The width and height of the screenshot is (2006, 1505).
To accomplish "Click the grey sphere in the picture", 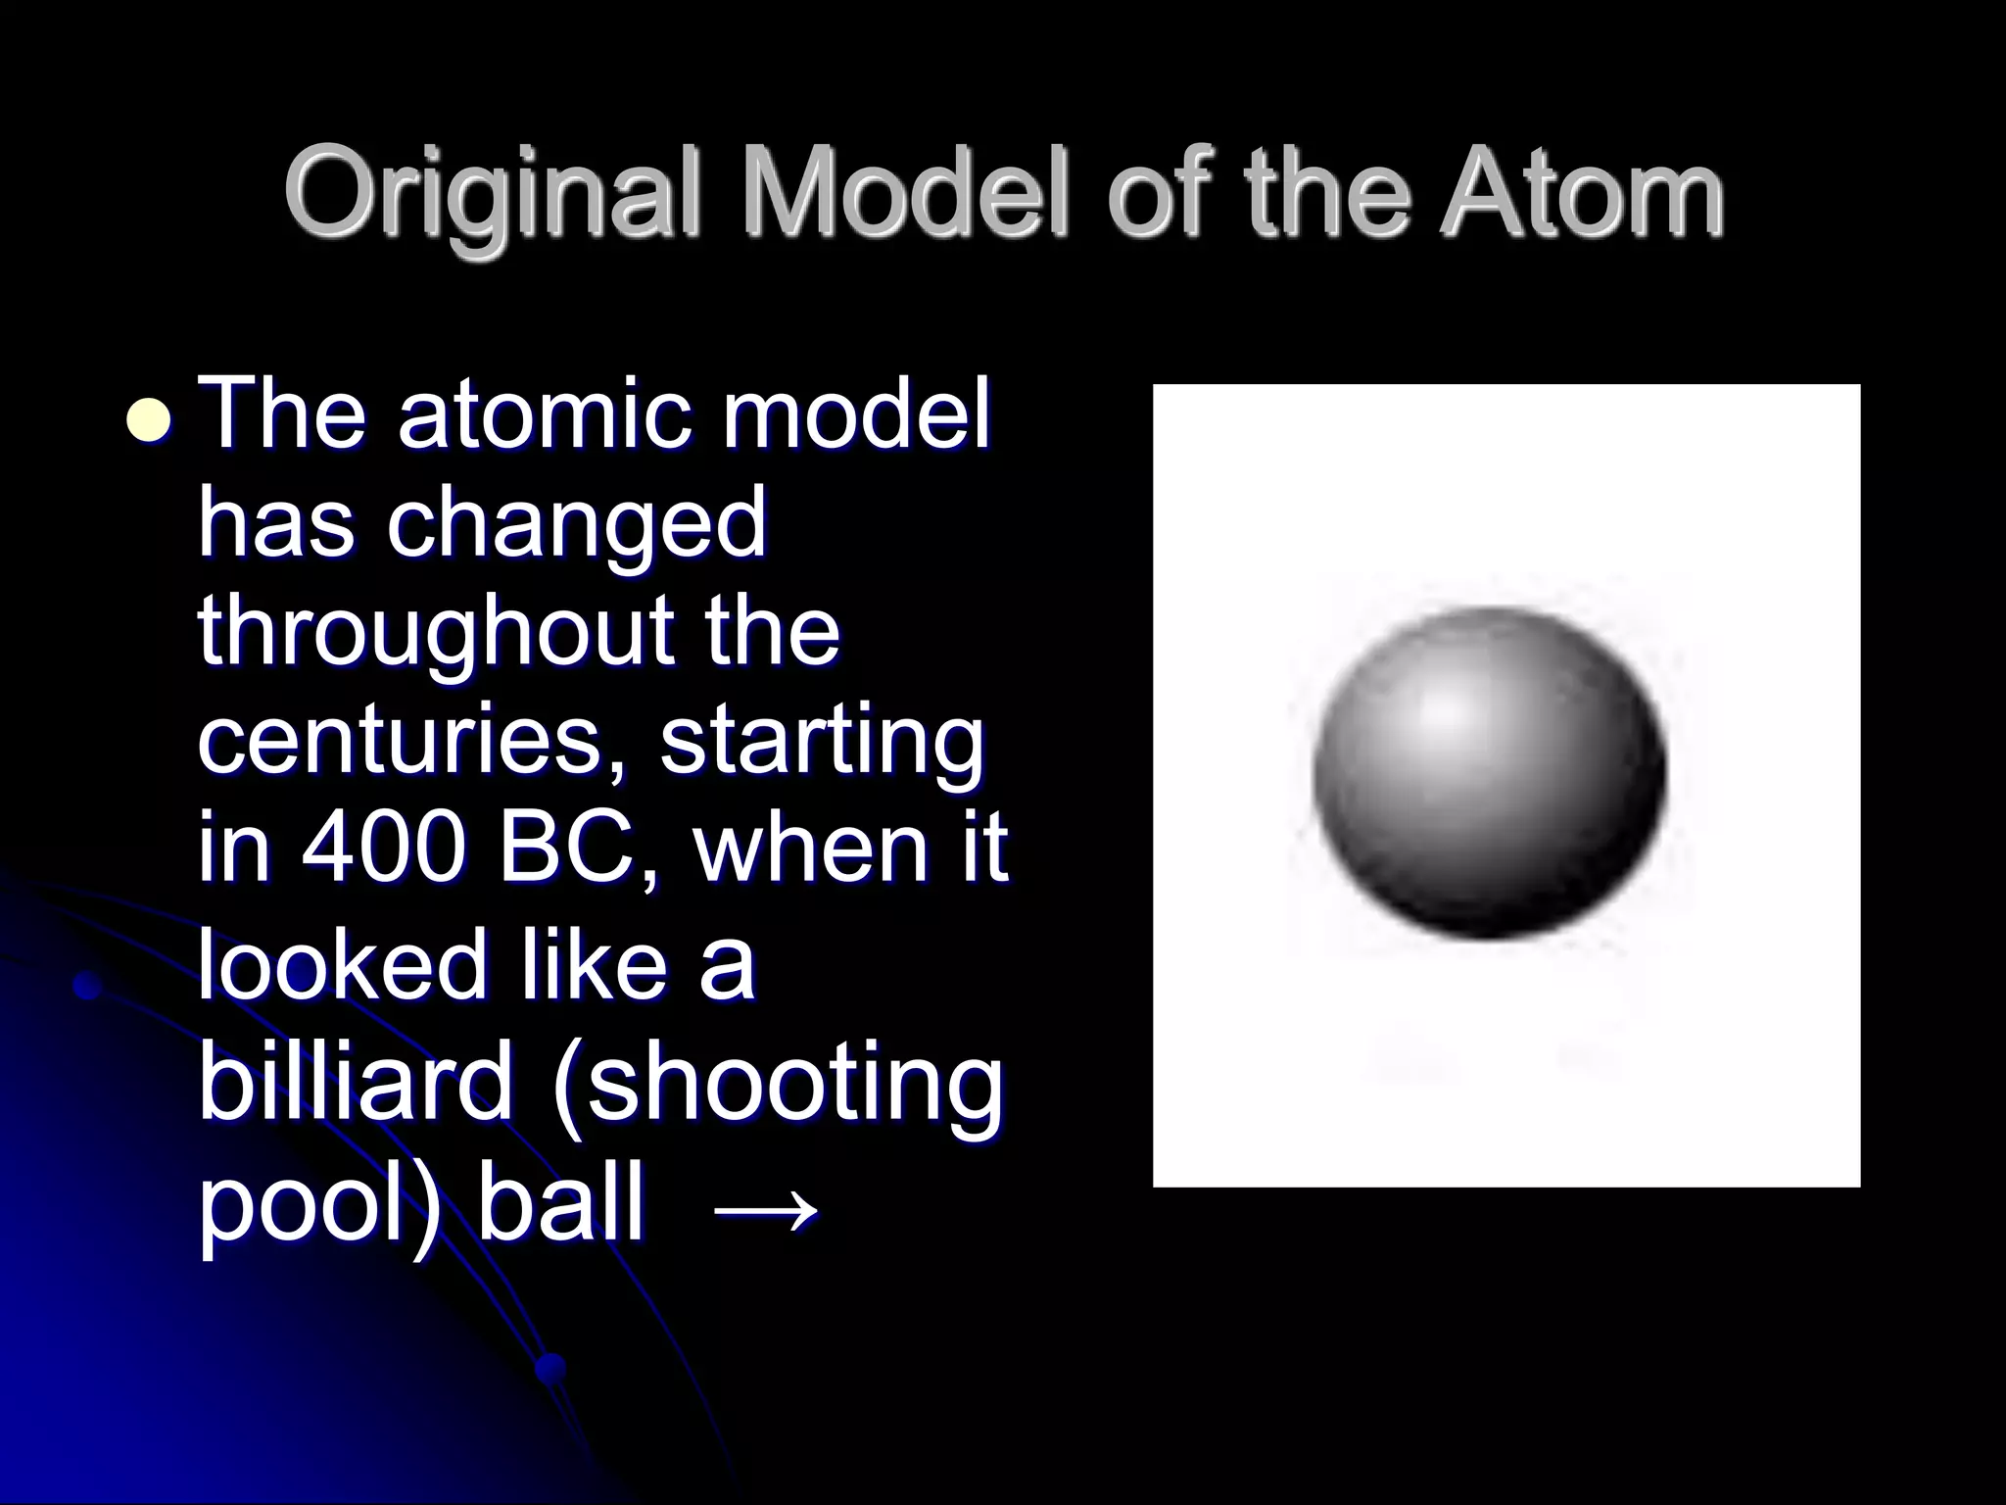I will click(1489, 774).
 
